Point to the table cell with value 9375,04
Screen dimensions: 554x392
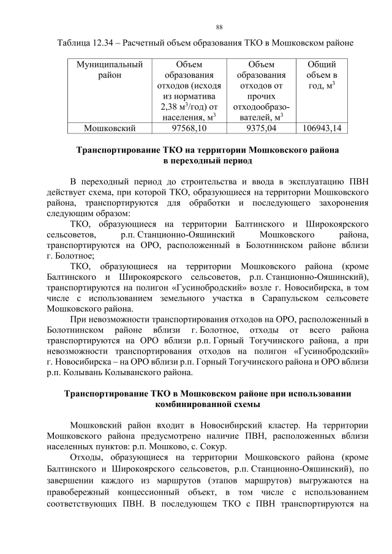260,128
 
